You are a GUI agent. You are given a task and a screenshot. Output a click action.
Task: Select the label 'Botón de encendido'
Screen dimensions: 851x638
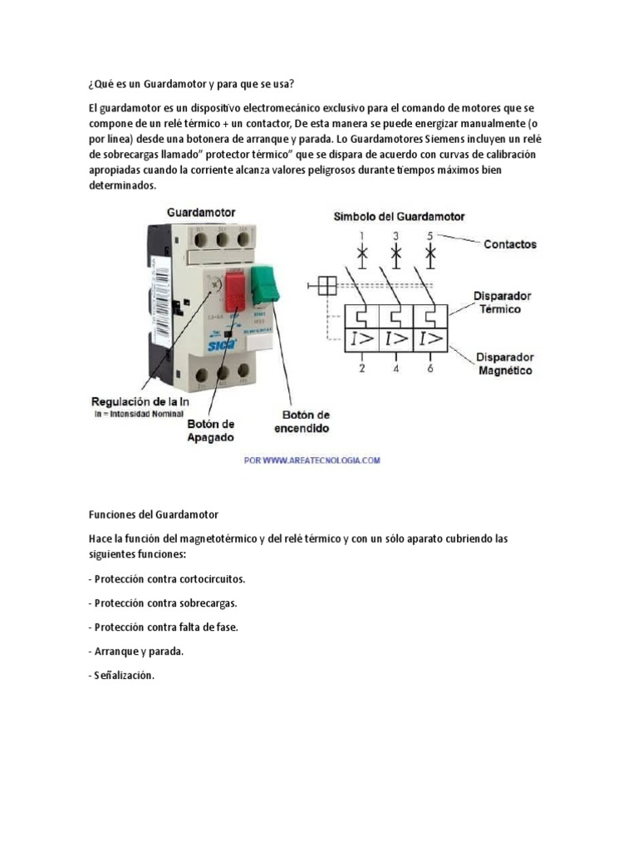click(x=302, y=421)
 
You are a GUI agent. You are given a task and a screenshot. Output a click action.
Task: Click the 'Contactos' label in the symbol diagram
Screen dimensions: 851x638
click(x=509, y=244)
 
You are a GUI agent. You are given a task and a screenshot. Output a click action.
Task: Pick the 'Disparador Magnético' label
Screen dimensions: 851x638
click(x=504, y=364)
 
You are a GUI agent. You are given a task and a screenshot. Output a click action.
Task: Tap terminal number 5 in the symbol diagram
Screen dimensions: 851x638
click(x=429, y=235)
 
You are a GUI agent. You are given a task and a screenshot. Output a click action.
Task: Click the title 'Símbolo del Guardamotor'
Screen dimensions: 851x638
click(x=399, y=216)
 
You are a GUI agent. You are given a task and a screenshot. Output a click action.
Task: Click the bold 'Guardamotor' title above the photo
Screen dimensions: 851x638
click(x=201, y=213)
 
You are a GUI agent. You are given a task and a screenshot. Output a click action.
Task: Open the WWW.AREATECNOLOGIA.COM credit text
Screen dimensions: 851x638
click(x=312, y=460)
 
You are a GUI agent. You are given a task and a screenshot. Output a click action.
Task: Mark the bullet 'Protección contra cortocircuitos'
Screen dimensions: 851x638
click(x=166, y=578)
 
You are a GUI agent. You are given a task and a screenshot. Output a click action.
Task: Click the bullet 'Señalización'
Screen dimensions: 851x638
click(x=120, y=676)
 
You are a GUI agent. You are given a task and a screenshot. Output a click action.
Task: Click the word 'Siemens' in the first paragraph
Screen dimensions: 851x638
click(x=449, y=139)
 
